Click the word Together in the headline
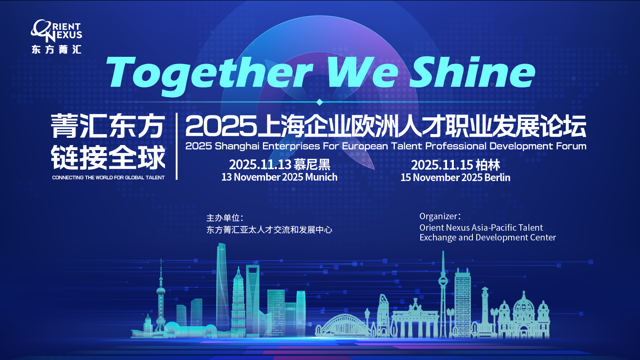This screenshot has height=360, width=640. click(x=210, y=75)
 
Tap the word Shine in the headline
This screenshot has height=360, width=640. click(x=472, y=72)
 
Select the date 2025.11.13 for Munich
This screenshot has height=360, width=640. click(x=260, y=165)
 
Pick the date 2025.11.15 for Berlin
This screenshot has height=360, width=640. click(x=442, y=165)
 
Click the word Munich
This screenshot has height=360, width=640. click(x=321, y=177)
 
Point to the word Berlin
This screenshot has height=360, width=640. click(x=497, y=177)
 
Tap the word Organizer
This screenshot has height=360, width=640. click(x=438, y=217)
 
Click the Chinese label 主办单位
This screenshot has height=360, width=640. click(x=223, y=218)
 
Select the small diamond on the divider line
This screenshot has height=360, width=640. click(x=320, y=102)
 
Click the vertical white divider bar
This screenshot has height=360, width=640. click(x=177, y=146)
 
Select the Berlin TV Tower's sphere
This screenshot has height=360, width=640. click(x=443, y=281)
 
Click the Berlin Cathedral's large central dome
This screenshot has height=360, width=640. click(x=524, y=304)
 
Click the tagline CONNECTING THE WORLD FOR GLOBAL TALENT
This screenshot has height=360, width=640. click(x=108, y=177)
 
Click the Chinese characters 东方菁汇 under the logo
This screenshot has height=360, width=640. click(x=56, y=50)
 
